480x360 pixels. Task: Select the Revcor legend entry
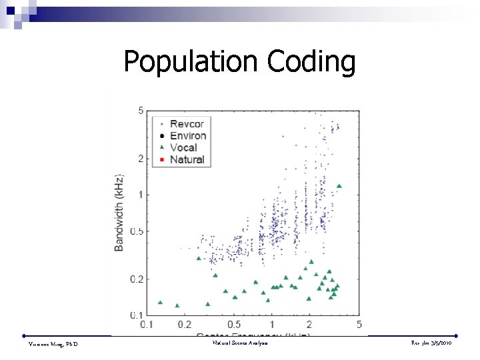[x=188, y=124]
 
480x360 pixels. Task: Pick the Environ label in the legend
[x=188, y=136]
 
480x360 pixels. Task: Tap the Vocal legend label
[x=183, y=148]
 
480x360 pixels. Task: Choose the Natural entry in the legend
[x=187, y=160]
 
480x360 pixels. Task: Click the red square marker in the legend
[x=161, y=160]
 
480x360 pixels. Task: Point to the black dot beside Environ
[x=161, y=136]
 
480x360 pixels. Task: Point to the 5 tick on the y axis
[x=141, y=111]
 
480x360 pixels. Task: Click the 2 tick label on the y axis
[x=141, y=159]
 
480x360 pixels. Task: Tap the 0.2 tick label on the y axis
[x=137, y=280]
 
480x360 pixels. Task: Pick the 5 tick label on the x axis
[x=359, y=325]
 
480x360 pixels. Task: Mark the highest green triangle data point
[x=339, y=186]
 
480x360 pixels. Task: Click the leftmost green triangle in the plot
[x=160, y=302]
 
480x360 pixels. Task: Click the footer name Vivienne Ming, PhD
[x=53, y=343]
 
